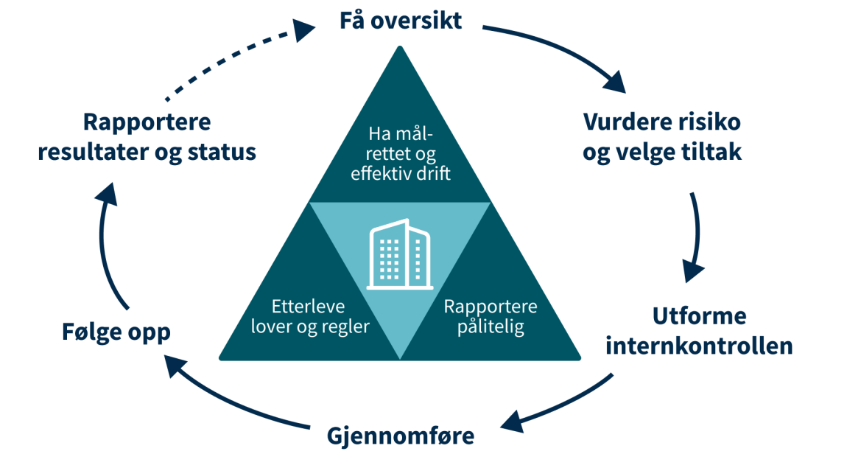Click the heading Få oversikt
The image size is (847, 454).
[400, 21]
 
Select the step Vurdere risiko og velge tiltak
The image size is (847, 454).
[661, 137]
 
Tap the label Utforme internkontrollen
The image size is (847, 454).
[699, 330]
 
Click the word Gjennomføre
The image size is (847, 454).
[400, 436]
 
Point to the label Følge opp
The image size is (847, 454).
[116, 332]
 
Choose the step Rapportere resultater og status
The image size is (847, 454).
[147, 137]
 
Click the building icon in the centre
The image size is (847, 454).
[400, 254]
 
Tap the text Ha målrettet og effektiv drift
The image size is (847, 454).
[400, 153]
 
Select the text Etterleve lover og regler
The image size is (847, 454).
[309, 317]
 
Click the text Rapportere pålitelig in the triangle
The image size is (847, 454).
[491, 317]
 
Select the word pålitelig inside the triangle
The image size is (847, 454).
[491, 327]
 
